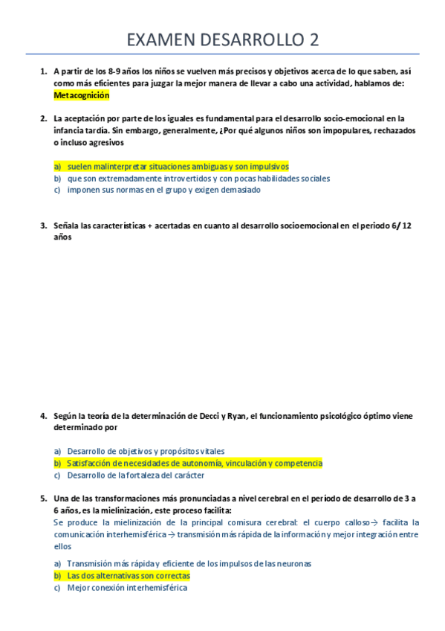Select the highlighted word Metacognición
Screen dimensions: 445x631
81,95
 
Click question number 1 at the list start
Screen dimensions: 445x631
43,72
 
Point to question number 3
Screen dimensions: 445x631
43,225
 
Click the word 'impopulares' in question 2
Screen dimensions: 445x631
346,129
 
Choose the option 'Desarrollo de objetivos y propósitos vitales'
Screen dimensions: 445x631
146,451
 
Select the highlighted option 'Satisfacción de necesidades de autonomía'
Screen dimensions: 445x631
195,463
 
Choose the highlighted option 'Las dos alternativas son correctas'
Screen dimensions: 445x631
129,576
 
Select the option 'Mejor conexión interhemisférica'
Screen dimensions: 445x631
127,588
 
